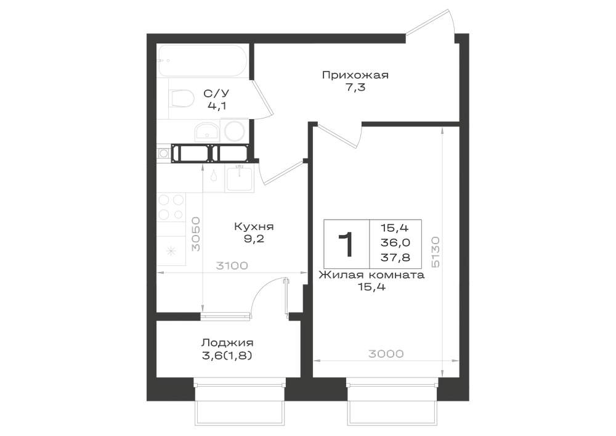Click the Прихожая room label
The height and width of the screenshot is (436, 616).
355,75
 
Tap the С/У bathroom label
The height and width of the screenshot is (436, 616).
216,94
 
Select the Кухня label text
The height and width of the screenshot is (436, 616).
254,227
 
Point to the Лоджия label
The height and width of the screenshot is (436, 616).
227,343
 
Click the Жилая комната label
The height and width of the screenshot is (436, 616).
371,275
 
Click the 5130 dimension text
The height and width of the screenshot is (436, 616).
435,252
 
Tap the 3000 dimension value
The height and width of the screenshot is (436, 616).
386,354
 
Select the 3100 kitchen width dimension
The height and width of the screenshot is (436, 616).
232,266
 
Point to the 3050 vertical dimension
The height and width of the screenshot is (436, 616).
195,234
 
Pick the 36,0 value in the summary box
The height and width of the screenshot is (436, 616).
395,242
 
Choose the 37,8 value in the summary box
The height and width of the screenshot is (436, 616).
395,258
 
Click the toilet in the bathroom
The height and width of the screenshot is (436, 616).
181,98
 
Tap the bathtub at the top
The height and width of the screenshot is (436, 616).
202,60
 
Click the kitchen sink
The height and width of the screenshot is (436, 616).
239,178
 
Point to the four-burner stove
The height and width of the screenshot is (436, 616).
171,207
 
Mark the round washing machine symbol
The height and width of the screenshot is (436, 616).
234,131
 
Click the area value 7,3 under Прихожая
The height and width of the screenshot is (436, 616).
355,88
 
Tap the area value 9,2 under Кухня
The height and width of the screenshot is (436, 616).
254,239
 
